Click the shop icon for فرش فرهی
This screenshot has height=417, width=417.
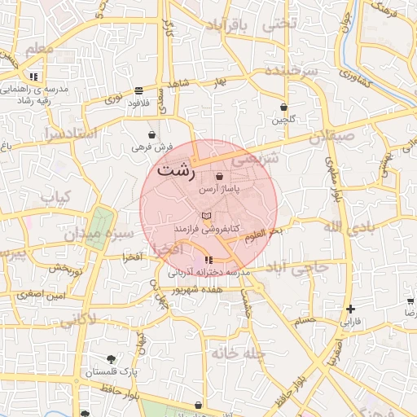tap(152, 134)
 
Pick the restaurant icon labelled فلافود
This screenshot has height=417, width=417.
tap(139, 90)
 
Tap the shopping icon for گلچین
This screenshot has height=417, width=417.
tap(283, 107)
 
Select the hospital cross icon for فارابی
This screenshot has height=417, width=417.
tap(350, 309)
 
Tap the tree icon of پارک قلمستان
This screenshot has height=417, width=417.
tap(111, 359)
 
